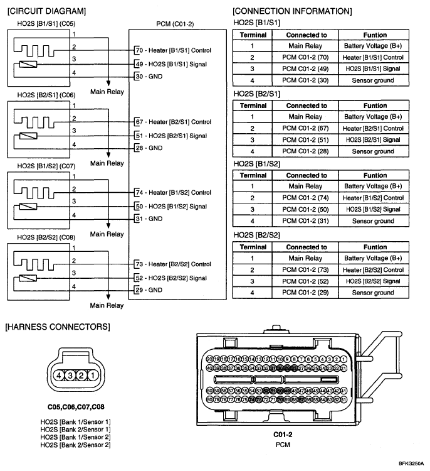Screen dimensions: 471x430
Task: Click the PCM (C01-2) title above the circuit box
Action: click(175, 24)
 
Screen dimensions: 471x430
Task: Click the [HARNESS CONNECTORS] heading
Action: click(57, 327)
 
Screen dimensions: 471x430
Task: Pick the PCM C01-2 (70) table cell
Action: click(307, 57)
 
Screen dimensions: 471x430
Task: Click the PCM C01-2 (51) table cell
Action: click(307, 139)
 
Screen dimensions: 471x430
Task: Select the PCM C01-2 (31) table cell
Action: click(307, 220)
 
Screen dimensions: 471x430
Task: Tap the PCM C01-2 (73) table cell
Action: click(307, 269)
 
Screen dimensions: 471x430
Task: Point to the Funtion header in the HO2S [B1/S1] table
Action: click(375, 35)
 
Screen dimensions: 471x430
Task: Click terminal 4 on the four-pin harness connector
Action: click(58, 375)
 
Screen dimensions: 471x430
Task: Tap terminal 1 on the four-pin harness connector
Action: click(92, 375)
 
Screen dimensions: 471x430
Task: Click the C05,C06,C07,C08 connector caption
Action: click(75, 407)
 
